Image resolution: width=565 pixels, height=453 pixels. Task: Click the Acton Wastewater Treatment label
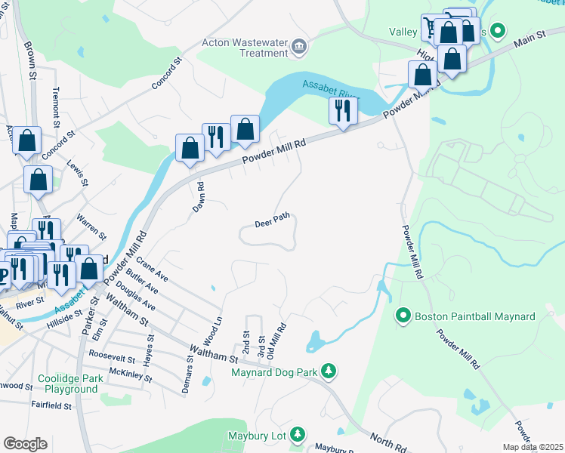click(245, 48)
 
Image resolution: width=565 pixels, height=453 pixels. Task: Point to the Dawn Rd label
click(198, 196)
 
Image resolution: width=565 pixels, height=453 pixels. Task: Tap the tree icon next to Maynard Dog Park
click(328, 370)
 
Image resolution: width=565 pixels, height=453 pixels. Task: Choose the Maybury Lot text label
click(258, 436)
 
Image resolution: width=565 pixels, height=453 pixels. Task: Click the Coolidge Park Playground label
click(70, 384)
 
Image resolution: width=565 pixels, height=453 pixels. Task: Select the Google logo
click(25, 444)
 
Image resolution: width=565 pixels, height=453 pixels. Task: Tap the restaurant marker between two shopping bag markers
click(217, 139)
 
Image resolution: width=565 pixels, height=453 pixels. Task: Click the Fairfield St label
click(51, 405)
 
